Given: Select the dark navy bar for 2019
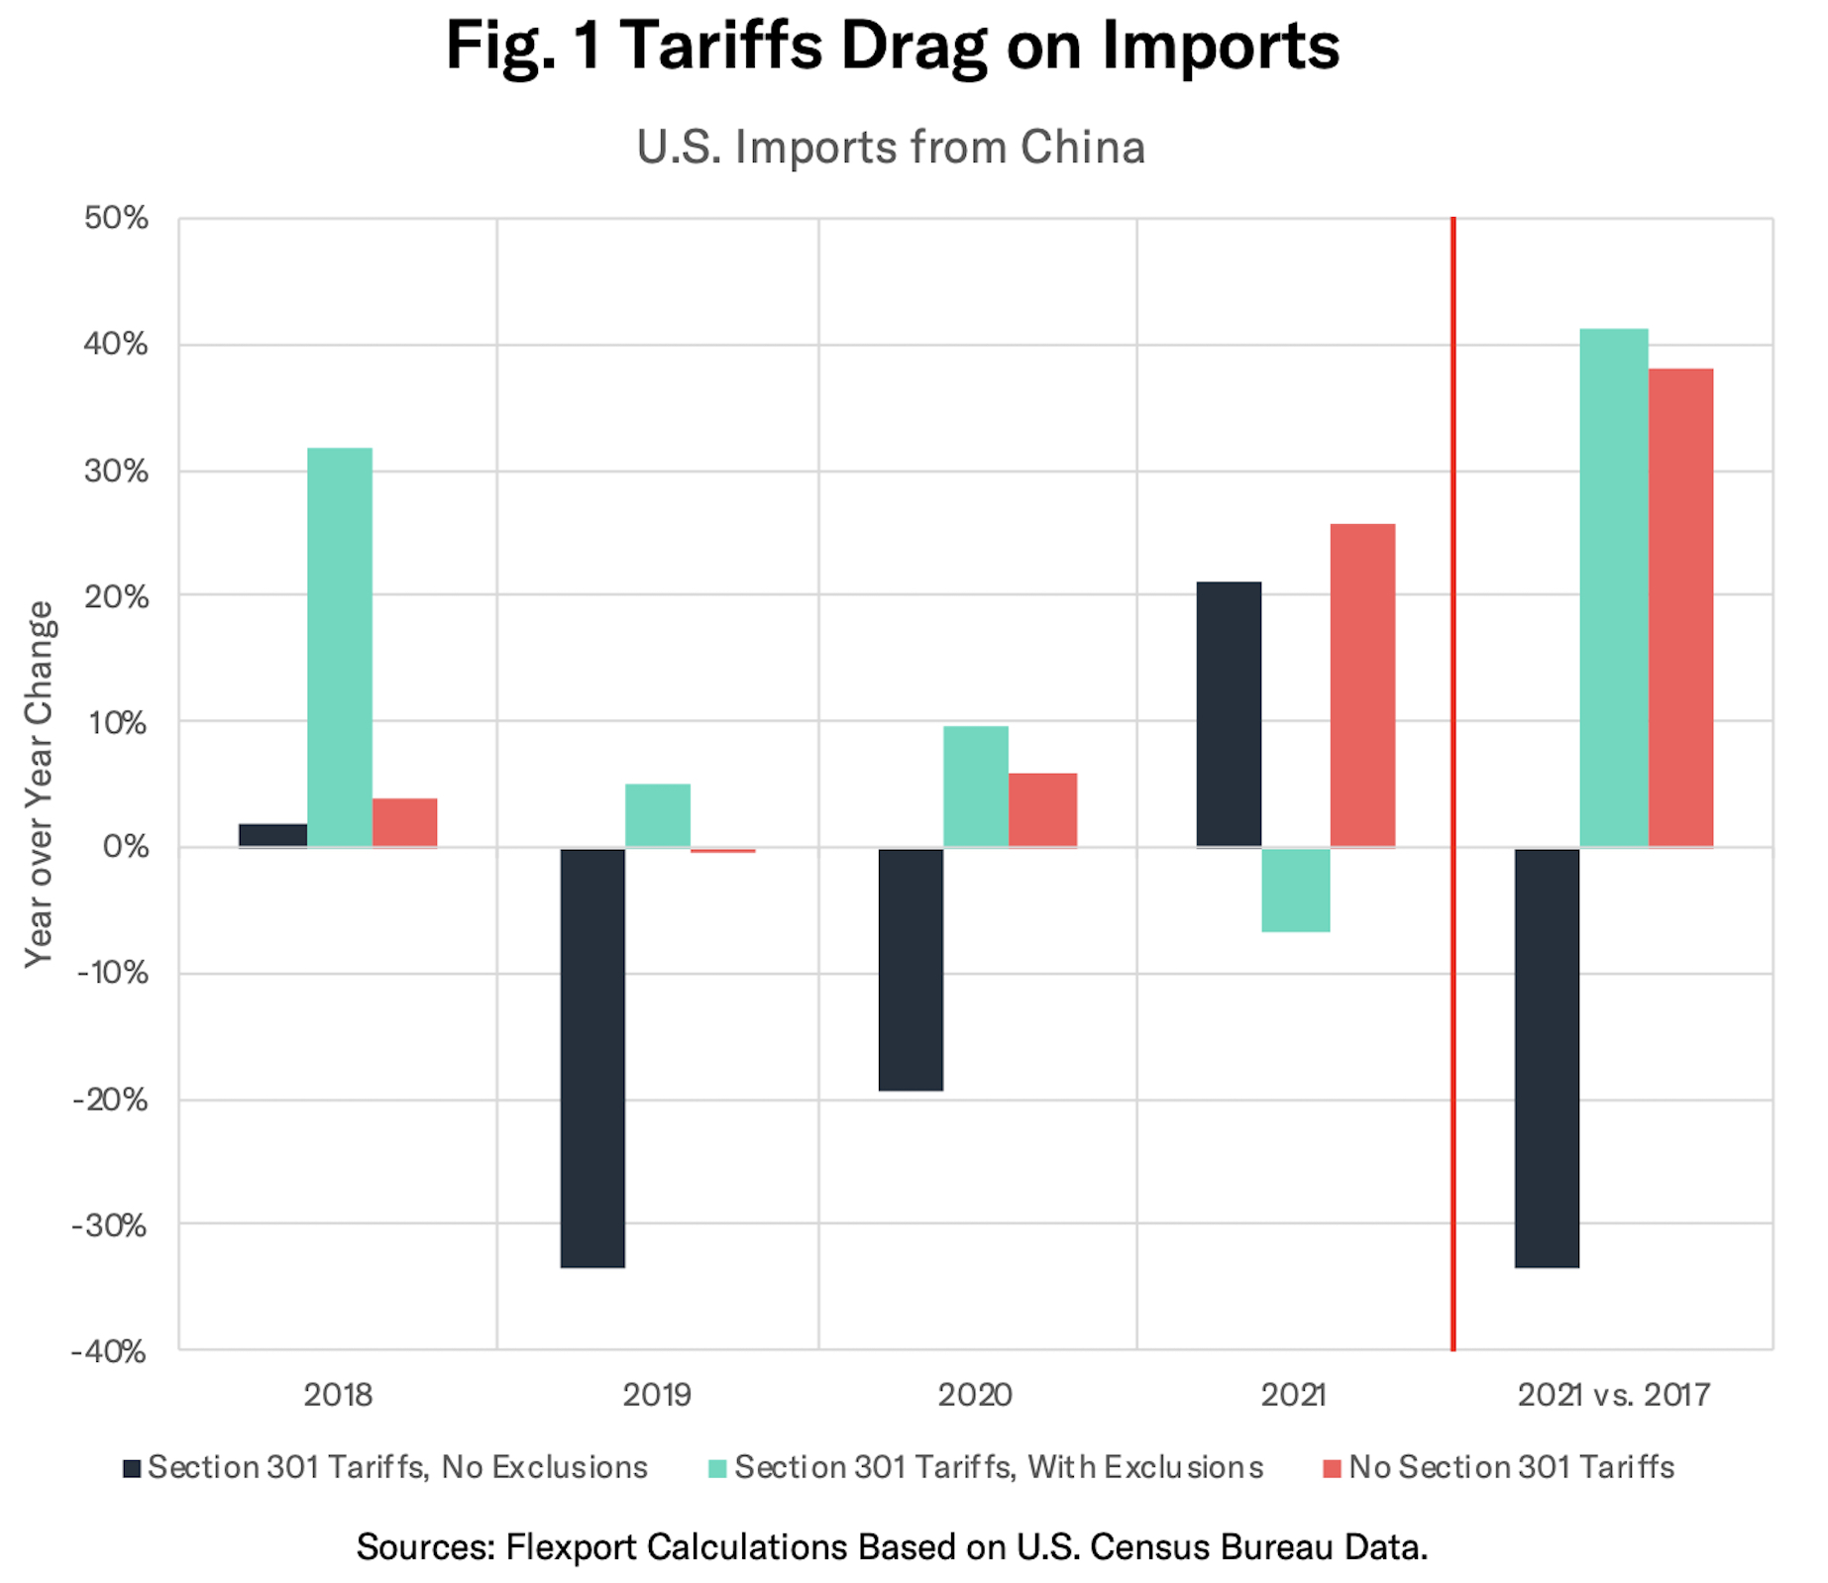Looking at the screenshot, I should [592, 1057].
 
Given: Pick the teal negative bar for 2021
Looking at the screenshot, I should [1296, 890].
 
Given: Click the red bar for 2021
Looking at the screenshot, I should [1362, 686].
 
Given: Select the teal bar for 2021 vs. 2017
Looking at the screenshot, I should [1613, 587].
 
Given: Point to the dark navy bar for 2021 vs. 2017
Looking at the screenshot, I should [1547, 1057].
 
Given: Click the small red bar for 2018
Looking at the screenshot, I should [404, 822].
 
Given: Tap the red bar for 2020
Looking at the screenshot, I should [1042, 809].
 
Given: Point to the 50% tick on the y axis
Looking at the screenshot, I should [116, 218].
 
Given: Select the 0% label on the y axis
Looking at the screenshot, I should [125, 847].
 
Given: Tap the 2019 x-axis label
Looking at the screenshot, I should [656, 1395].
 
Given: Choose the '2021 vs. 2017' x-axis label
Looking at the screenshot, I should [1613, 1395].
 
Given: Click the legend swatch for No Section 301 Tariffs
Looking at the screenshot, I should [1332, 1468].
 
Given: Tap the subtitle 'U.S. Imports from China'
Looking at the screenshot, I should [891, 148].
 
